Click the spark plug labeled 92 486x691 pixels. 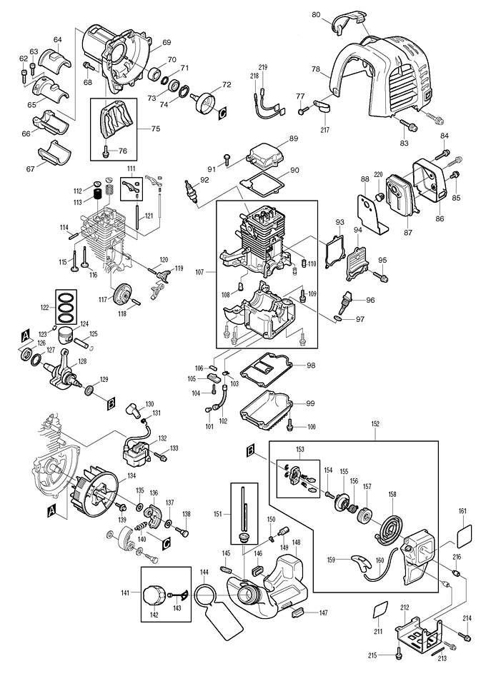tap(191, 194)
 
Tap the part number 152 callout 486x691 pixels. tap(375, 424)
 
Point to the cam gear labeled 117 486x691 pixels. tap(124, 293)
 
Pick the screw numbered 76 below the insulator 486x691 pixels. tap(106, 150)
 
